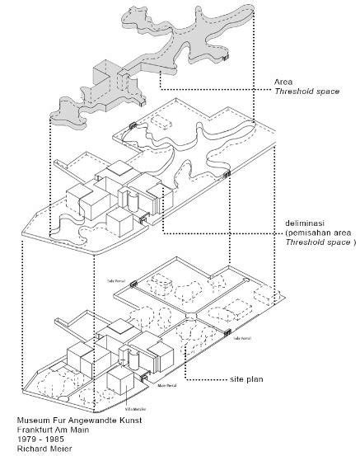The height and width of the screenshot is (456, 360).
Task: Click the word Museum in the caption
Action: tap(33, 421)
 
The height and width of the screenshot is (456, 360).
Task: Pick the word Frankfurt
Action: tap(35, 429)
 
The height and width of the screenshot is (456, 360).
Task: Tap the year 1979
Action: tap(26, 438)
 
